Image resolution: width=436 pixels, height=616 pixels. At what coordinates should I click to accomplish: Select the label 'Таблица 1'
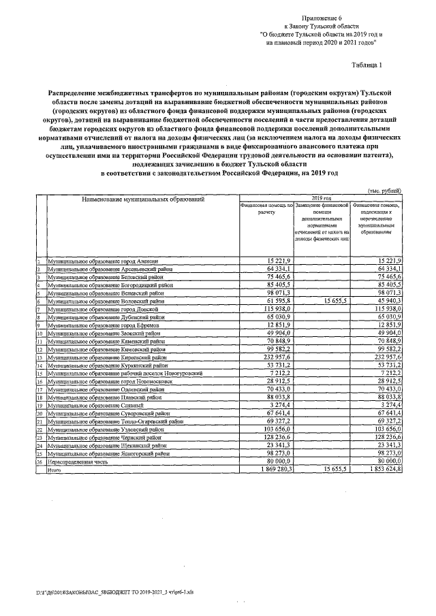(x=373, y=65)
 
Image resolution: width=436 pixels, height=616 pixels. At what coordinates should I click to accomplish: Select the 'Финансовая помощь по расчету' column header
(x=266, y=208)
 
